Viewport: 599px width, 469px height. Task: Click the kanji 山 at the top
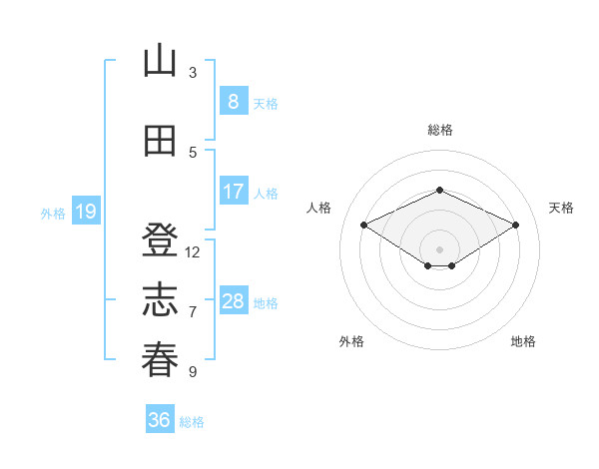[160, 60]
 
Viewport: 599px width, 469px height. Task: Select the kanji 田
[160, 141]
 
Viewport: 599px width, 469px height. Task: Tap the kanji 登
[160, 239]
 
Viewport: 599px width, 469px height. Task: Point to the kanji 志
[160, 299]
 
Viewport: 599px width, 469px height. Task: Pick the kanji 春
[160, 360]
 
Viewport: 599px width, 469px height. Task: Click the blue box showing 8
[234, 101]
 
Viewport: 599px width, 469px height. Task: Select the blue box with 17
[234, 191]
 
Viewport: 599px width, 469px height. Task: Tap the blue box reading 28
[234, 299]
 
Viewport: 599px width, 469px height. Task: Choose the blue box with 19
[86, 211]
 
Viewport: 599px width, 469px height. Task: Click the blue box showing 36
[160, 418]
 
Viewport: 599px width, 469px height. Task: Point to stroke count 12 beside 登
[192, 252]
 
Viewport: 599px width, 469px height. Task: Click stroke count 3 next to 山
[193, 73]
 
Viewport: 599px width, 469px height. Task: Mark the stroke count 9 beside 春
[193, 371]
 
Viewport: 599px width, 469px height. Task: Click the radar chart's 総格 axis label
[440, 130]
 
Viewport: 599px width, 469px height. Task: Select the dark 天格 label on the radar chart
[561, 208]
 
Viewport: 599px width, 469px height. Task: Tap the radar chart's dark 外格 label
[351, 341]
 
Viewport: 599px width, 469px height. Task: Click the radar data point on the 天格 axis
[515, 225]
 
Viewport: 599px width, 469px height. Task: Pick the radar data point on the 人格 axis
[363, 225]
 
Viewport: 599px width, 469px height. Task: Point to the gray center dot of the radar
[439, 249]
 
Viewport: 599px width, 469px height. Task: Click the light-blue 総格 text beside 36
[192, 422]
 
